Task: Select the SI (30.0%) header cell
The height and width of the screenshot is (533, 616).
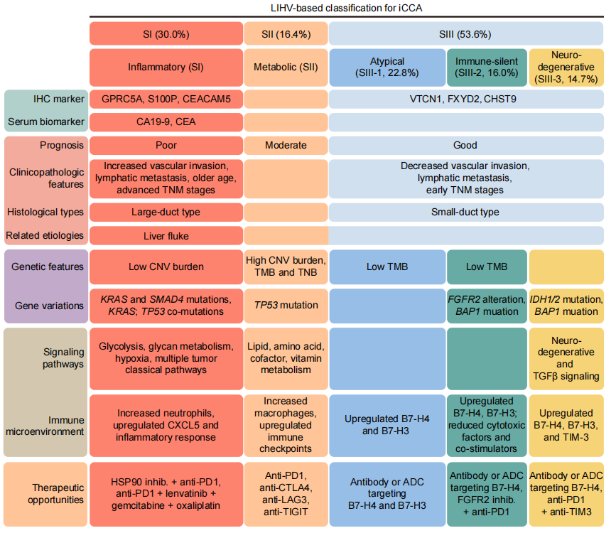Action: pos(165,33)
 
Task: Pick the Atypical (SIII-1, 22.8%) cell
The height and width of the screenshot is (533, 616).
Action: pos(387,66)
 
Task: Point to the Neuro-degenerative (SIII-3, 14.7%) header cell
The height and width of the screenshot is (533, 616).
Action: pos(568,66)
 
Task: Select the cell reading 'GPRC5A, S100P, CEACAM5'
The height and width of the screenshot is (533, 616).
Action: pos(165,99)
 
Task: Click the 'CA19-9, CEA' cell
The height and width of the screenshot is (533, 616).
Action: pos(165,122)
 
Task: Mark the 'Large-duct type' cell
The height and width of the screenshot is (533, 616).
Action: pos(165,212)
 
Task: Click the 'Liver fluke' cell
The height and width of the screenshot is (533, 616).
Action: pos(165,235)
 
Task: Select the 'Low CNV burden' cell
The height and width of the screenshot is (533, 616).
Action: pos(165,267)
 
